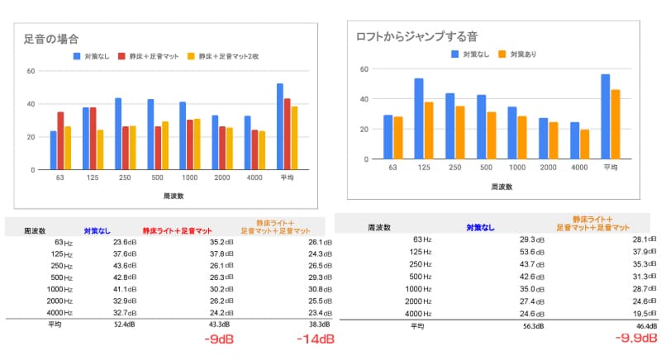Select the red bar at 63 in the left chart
pyautogui.click(x=60, y=140)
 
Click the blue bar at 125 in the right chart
pyautogui.click(x=419, y=119)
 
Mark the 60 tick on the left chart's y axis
pyautogui.click(x=31, y=71)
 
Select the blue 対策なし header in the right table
pyautogui.click(x=483, y=226)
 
